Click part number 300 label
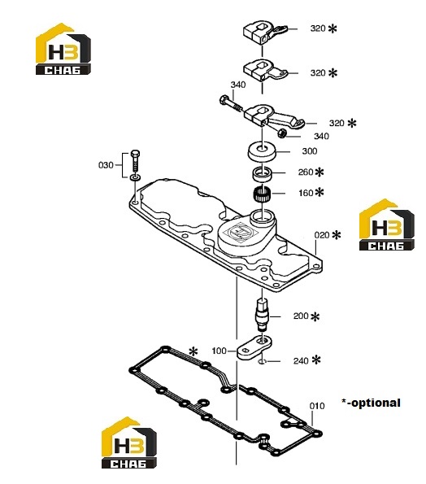point(310,151)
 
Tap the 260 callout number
point(306,172)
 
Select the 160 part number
point(306,193)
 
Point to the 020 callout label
point(322,235)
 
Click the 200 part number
point(301,316)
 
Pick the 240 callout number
point(301,360)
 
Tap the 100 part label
point(220,351)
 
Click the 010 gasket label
point(317,406)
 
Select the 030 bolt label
point(106,165)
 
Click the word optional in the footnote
point(376,403)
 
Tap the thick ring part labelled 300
point(262,151)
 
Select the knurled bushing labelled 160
point(262,194)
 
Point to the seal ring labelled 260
point(262,173)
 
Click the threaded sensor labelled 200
point(263,315)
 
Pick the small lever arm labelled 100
point(254,348)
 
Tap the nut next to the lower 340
point(281,133)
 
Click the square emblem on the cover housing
point(241,232)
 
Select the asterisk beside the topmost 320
point(333,28)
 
